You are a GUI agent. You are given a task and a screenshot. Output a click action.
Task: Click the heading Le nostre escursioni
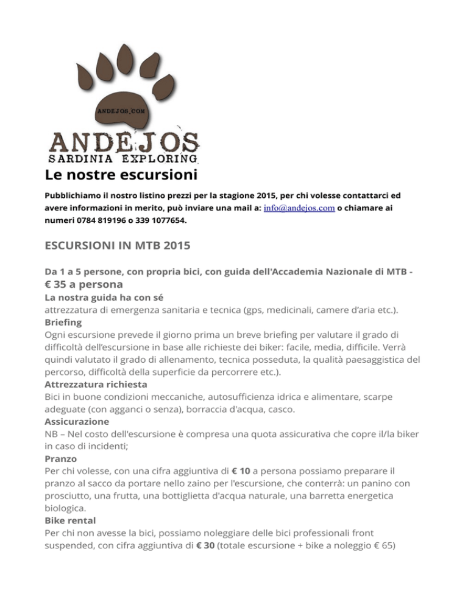coord(121,176)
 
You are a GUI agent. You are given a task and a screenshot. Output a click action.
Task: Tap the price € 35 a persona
coord(84,284)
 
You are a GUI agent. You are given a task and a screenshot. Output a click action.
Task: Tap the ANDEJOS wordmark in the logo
coord(124,142)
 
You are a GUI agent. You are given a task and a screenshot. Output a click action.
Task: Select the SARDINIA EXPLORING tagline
coord(124,159)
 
